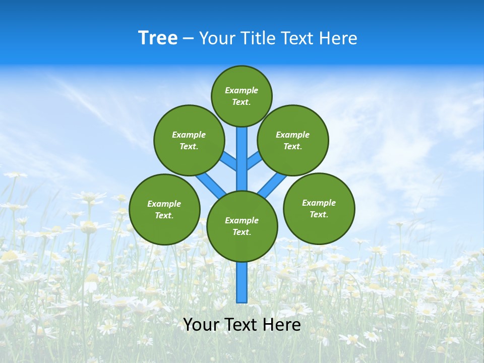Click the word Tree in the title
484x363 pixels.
point(158,38)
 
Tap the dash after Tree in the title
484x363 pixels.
point(188,39)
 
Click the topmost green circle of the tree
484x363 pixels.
point(241,96)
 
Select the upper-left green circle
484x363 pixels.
point(189,140)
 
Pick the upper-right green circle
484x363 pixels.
point(293,140)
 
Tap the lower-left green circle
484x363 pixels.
point(164,209)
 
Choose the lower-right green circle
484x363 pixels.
point(319,208)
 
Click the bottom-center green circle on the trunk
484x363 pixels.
point(242,226)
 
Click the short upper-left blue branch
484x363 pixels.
point(229,161)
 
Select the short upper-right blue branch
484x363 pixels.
point(254,160)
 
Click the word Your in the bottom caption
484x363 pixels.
point(201,325)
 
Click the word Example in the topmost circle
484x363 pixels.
point(241,91)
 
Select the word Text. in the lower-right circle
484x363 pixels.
point(319,214)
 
